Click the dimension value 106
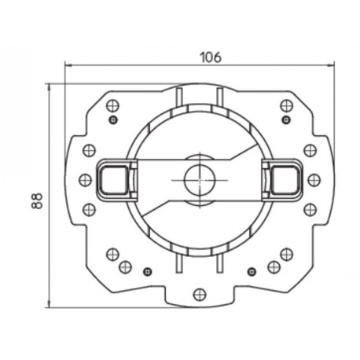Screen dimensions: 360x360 (209, 57)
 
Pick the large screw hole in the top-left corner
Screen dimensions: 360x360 (111, 103)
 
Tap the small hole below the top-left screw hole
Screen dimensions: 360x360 (113, 119)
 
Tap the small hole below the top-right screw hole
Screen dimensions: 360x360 (280, 119)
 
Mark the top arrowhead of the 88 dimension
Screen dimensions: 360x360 (49, 85)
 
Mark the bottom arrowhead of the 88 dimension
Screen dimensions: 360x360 (49, 304)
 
